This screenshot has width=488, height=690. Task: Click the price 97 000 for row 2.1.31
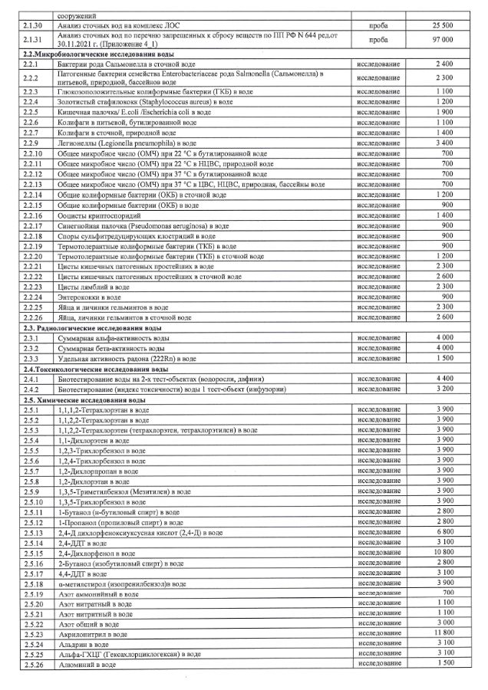(440, 41)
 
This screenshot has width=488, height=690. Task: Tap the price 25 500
(440, 26)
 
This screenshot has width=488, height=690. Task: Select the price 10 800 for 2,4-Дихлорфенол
(440, 552)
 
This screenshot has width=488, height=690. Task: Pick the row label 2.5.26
(33, 664)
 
